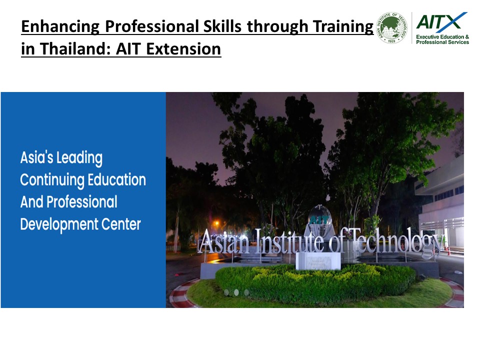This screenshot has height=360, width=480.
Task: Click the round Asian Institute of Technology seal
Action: (x=392, y=28)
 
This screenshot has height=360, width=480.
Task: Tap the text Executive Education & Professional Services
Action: (x=442, y=39)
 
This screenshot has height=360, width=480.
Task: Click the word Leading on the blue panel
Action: (x=79, y=158)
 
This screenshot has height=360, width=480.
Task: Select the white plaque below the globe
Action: (x=318, y=260)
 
